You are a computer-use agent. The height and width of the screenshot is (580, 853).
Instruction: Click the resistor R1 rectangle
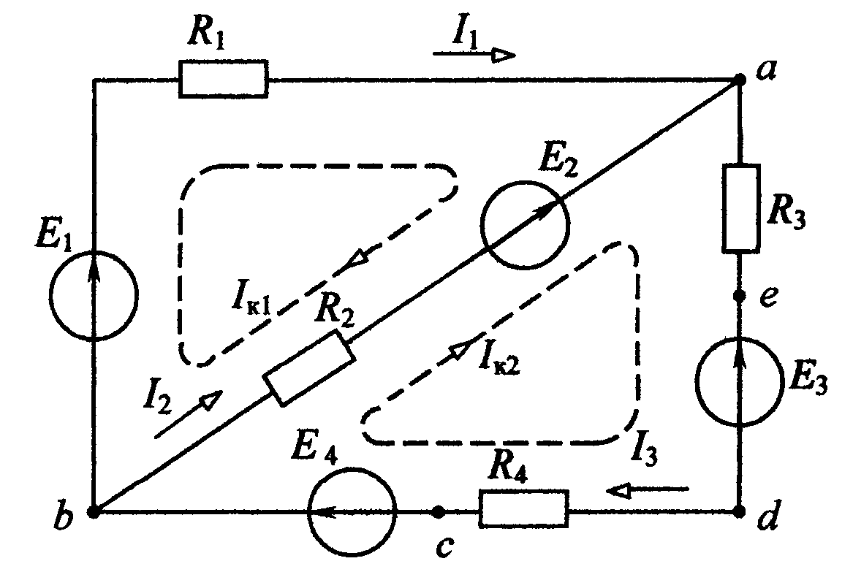pos(223,80)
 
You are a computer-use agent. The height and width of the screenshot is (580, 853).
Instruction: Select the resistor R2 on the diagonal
pos(309,369)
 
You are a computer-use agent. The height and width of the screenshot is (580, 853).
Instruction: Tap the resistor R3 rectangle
pos(741,209)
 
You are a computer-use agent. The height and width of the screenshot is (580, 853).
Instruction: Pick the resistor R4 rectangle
pos(524,509)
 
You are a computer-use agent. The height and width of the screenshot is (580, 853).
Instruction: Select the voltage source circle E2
pos(525,224)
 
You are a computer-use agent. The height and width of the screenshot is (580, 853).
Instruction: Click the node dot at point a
pos(740,80)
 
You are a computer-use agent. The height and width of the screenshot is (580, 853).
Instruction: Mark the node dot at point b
pos(94,512)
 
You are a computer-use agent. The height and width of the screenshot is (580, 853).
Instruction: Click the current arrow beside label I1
pos(474,54)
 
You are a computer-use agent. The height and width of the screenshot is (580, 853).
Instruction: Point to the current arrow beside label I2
pos(189,413)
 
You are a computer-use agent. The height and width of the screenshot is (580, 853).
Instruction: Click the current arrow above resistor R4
pos(648,491)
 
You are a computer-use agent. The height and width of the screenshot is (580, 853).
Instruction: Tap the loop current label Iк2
pos(499,358)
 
